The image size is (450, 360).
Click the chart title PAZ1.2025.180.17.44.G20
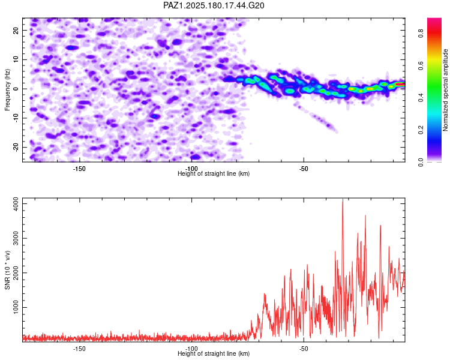pos(214,5)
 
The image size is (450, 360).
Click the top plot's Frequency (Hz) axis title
pos(7,90)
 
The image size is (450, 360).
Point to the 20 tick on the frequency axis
pos(16,31)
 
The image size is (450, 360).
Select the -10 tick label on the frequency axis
pos(16,118)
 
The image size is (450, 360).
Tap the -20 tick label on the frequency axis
pos(16,147)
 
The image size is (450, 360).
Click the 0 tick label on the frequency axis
pos(16,89)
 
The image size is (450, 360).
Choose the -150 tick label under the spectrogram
pos(79,169)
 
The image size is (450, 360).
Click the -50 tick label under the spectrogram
pos(304,169)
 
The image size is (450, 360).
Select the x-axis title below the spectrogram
pos(214,173)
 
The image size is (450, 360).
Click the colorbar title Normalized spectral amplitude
pos(445,90)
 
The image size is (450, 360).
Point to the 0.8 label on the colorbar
pos(421,34)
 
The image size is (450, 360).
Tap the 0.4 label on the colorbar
pos(421,98)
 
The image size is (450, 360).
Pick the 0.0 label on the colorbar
pos(421,162)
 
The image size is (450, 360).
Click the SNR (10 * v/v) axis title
pos(7,270)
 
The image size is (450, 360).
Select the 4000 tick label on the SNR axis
pos(16,204)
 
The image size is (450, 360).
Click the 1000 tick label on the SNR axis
pos(16,307)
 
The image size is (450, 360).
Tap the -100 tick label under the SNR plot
pos(191,349)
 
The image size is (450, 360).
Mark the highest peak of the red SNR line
pos(343,199)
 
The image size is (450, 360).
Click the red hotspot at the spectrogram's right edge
pos(400,84)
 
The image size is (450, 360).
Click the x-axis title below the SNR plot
pos(214,353)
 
